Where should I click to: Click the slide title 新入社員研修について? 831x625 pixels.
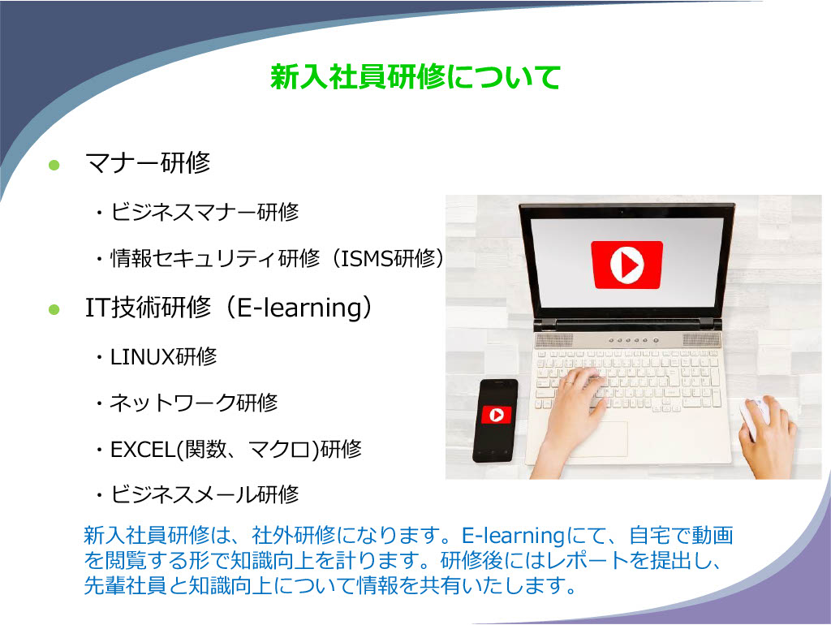(415, 77)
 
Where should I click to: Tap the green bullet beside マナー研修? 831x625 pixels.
(54, 165)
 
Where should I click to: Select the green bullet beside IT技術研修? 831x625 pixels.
(54, 309)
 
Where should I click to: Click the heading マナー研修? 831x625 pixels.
(148, 162)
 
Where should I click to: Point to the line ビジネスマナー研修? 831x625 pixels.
(204, 212)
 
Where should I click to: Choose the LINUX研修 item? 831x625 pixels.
(163, 356)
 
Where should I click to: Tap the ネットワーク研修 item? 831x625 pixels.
(193, 403)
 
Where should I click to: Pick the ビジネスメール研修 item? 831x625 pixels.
(204, 494)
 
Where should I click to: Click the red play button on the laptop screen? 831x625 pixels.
(627, 265)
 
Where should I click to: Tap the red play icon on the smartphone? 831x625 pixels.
(497, 415)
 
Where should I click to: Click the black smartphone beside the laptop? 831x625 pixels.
(494, 420)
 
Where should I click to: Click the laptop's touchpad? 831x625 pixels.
(599, 437)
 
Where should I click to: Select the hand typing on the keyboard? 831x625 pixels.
(575, 411)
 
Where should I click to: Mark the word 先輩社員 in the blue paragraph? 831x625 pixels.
(125, 585)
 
